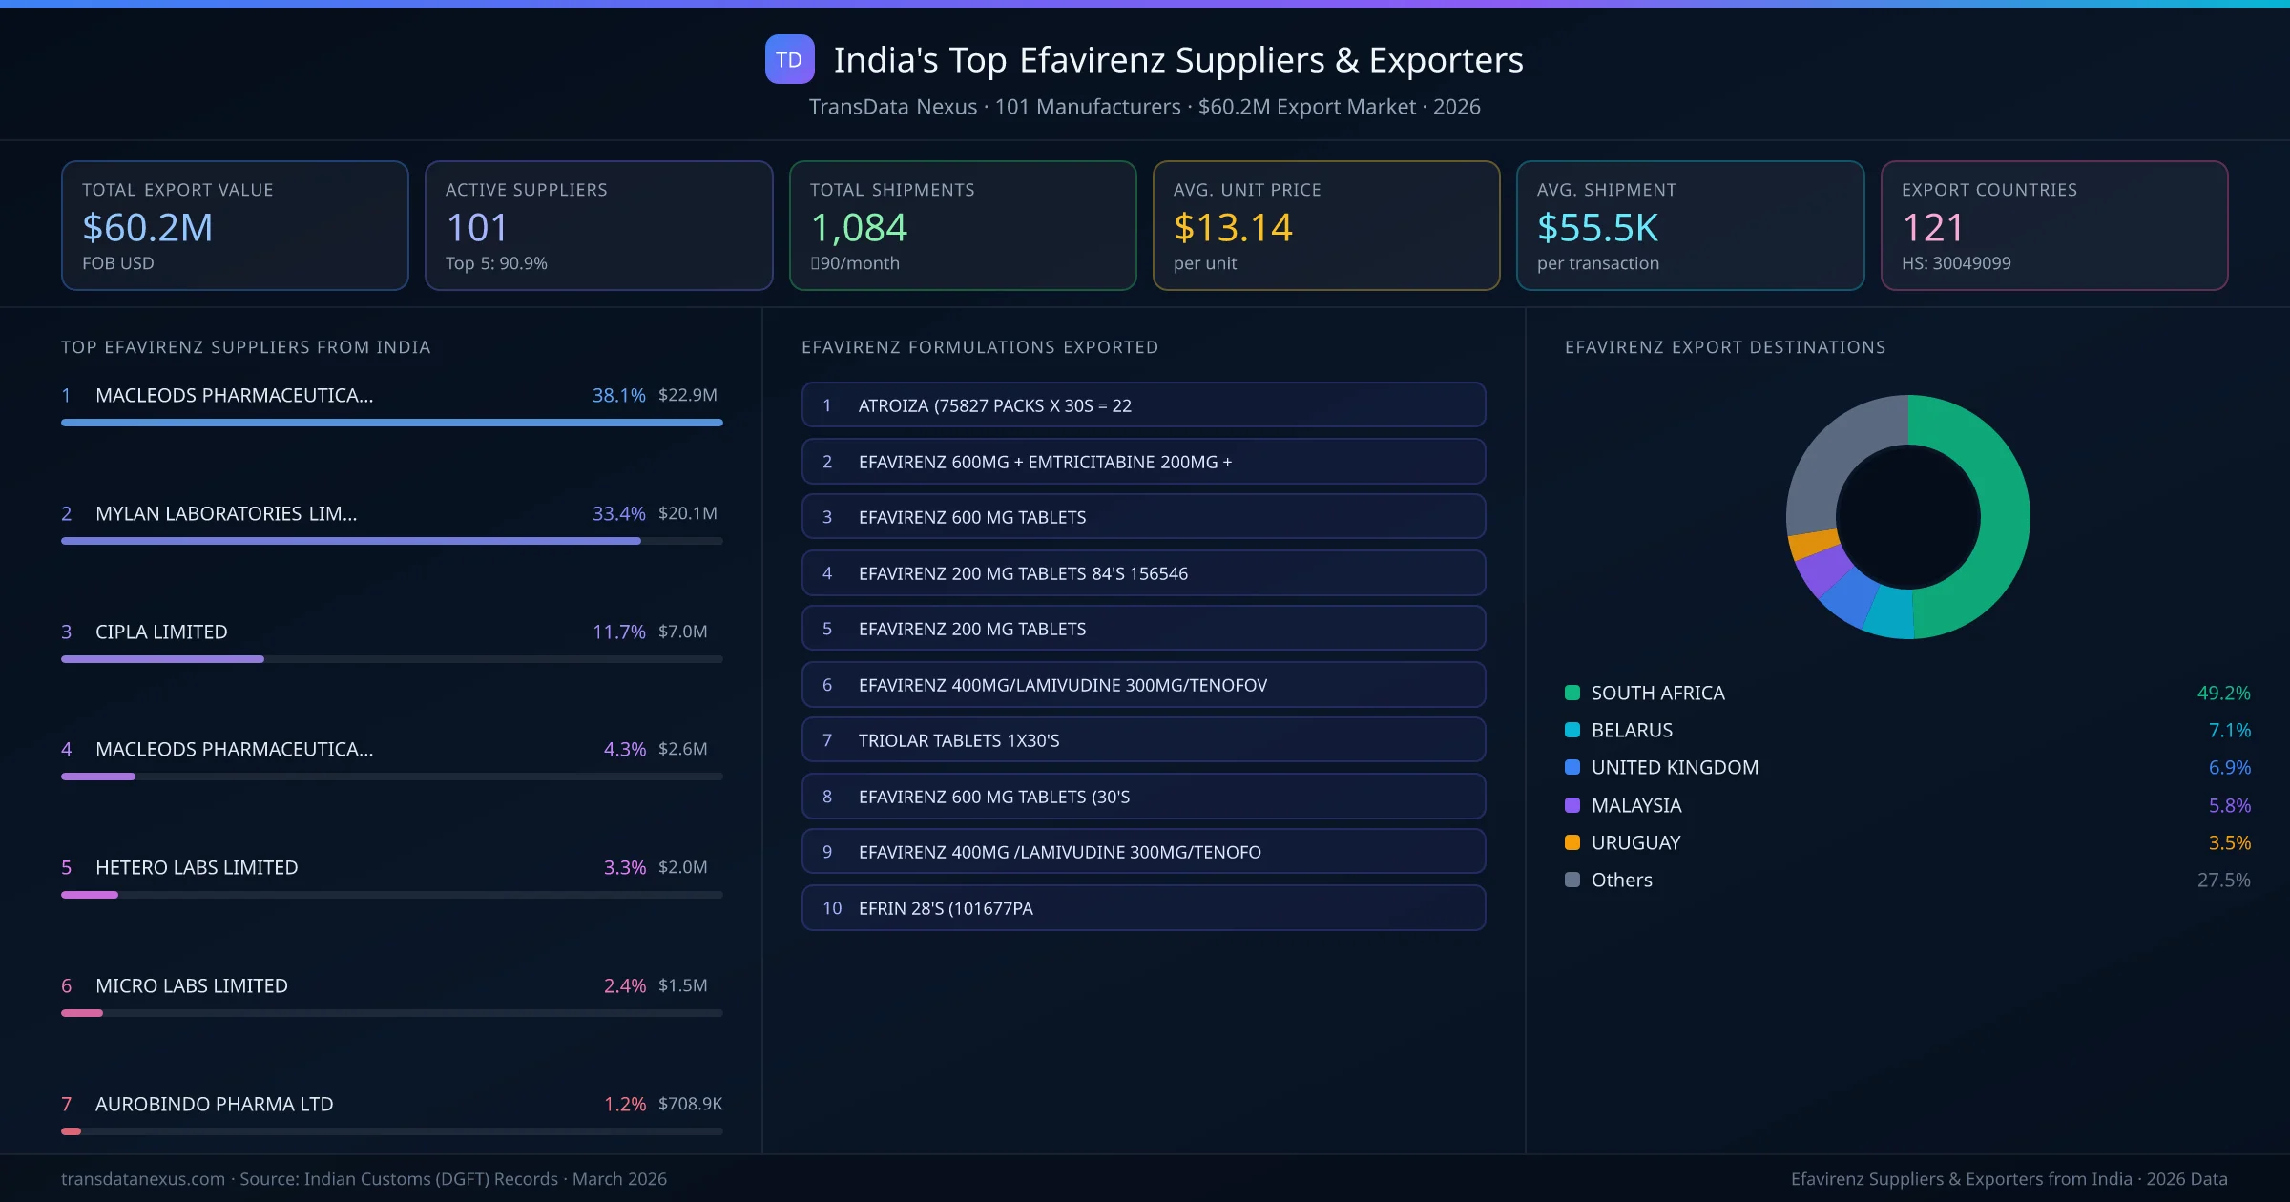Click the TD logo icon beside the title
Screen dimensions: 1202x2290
point(789,59)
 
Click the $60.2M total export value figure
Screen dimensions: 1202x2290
point(147,227)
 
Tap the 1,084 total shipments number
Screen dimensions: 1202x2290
point(858,227)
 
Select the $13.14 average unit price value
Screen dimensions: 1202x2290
point(1232,227)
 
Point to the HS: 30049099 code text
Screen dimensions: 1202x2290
point(1955,263)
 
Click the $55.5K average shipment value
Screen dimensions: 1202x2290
point(1597,227)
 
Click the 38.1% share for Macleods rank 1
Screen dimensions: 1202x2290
point(618,395)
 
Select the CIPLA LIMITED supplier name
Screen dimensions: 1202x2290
point(161,632)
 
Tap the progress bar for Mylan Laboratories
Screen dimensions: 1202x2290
point(351,541)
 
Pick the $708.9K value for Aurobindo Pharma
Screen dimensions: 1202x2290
point(690,1104)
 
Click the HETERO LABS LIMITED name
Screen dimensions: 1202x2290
point(197,867)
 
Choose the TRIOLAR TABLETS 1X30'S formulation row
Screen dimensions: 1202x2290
point(1143,740)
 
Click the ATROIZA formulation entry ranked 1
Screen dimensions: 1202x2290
point(1143,405)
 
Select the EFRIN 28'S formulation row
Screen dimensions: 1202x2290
point(1143,908)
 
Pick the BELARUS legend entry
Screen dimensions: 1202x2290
point(1632,730)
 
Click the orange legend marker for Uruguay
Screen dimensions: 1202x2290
point(1572,842)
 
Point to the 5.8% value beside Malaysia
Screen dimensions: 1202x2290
point(2229,805)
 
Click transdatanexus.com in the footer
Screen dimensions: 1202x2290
point(143,1179)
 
